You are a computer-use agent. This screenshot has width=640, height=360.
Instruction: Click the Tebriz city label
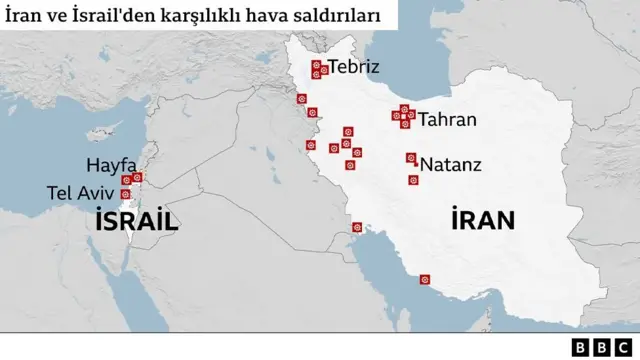(x=354, y=68)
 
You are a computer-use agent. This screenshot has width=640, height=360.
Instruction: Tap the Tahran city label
(x=447, y=120)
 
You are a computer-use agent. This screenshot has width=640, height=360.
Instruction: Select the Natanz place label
(x=451, y=164)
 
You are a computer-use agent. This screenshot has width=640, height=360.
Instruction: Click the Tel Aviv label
(x=80, y=191)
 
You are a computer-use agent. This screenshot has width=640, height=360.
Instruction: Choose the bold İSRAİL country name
(x=137, y=222)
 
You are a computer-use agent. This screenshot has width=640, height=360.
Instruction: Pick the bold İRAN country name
(x=482, y=220)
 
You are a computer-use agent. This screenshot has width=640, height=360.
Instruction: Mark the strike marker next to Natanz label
(x=411, y=158)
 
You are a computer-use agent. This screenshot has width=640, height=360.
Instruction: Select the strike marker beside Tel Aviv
(x=125, y=194)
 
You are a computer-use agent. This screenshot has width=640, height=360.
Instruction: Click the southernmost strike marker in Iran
(x=425, y=279)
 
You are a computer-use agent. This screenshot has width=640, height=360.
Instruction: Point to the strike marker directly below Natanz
(x=412, y=180)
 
